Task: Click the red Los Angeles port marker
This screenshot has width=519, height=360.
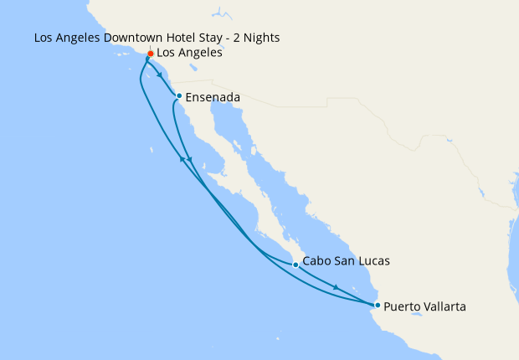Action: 151,54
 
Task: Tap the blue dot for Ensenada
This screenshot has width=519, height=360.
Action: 179,95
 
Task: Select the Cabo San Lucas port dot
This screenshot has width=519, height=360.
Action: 295,265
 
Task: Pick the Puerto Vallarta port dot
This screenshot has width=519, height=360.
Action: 378,305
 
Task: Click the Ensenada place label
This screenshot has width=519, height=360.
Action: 213,97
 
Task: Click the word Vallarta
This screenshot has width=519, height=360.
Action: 441,306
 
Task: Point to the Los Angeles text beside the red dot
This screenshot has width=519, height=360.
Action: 189,53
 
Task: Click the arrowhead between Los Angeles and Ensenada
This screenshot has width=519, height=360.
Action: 160,76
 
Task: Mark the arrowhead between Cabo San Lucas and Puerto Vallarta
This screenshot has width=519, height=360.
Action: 337,288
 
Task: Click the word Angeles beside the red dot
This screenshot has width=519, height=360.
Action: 201,53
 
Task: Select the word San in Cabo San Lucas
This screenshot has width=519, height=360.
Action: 344,261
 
